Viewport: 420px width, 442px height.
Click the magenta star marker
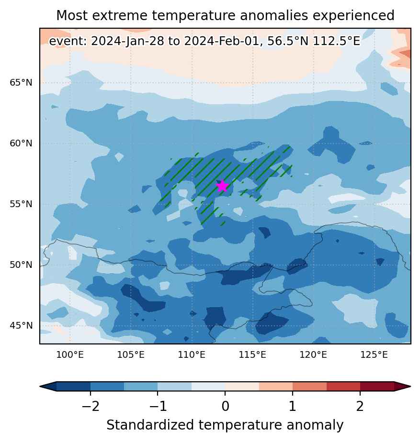point(222,186)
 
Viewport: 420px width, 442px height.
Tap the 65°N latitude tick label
point(21,83)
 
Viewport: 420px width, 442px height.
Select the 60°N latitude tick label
point(21,143)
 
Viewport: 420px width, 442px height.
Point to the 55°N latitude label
point(21,204)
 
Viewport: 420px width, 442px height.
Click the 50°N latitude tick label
point(21,265)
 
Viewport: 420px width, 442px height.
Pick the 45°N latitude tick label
point(21,326)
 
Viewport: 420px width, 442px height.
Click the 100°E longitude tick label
point(70,354)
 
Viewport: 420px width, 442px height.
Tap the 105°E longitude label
point(131,354)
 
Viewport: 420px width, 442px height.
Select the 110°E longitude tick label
point(192,354)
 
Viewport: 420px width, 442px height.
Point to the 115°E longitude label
point(252,354)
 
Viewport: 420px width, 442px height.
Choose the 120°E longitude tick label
point(313,354)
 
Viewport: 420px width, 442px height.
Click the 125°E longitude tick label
point(374,354)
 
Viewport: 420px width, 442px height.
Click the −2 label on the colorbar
point(91,407)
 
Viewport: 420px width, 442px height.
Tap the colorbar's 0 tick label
point(225,407)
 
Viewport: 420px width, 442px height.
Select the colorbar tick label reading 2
point(360,407)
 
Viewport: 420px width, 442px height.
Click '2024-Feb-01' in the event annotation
point(221,41)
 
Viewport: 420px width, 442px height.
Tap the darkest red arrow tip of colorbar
point(402,387)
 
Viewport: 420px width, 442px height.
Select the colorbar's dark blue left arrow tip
point(48,387)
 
